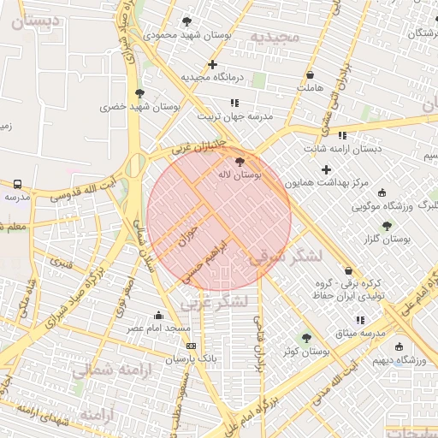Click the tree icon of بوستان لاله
(239, 160)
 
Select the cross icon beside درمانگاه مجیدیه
(212, 64)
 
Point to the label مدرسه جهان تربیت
(235, 115)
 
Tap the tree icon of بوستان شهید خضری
(139, 93)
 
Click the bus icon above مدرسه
(17, 183)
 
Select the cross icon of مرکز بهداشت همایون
(326, 169)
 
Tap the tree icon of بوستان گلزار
(387, 226)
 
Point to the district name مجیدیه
(272, 37)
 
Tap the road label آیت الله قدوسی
(82, 187)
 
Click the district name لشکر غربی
(213, 303)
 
